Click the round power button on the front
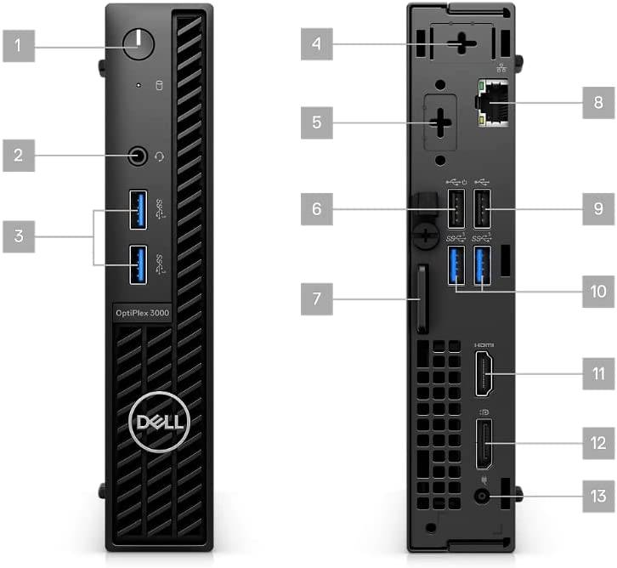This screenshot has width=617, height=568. [139, 43]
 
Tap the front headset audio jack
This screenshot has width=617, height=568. [138, 156]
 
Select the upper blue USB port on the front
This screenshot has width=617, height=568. [139, 210]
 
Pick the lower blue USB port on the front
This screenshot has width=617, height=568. [139, 264]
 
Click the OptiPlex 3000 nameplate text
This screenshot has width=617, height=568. [143, 313]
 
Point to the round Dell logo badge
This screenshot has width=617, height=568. [160, 422]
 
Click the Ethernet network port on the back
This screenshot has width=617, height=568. [492, 103]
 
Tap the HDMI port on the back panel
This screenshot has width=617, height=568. [484, 373]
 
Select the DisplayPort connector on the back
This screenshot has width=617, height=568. [484, 444]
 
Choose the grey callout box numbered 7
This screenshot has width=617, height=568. [317, 298]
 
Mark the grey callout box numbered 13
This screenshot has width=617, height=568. [598, 496]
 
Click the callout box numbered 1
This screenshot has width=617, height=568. [19, 46]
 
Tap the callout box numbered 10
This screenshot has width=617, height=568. [598, 292]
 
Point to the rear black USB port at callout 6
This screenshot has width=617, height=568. [456, 208]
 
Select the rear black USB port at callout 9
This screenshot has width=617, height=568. [482, 208]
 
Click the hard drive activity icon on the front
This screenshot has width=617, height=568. [159, 85]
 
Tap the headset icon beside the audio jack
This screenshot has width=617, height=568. [159, 156]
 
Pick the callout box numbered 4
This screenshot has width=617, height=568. [317, 43]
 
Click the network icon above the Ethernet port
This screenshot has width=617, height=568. [501, 68]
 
